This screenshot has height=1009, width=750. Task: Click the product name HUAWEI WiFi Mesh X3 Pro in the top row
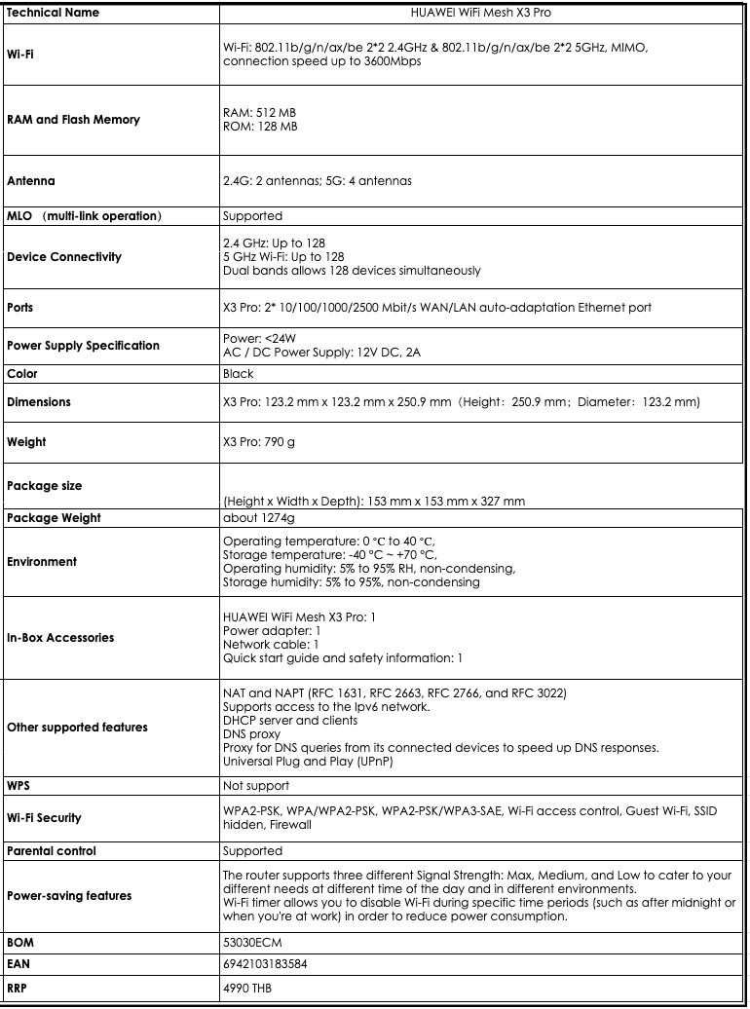pyautogui.click(x=483, y=13)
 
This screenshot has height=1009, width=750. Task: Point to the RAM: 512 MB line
pyautogui.click(x=259, y=113)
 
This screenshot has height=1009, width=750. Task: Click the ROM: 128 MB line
pyautogui.click(x=260, y=127)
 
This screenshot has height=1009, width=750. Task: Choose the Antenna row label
pyautogui.click(x=31, y=181)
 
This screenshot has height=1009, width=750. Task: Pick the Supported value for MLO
pyautogui.click(x=252, y=215)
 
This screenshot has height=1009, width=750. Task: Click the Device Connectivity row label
pyautogui.click(x=64, y=257)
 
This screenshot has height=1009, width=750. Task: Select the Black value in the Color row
pyautogui.click(x=239, y=373)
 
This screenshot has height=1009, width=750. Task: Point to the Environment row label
pyautogui.click(x=42, y=562)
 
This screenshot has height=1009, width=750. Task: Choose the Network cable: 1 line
pyautogui.click(x=271, y=645)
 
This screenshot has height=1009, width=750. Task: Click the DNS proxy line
pyautogui.click(x=251, y=733)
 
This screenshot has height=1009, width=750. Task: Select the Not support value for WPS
pyautogui.click(x=256, y=785)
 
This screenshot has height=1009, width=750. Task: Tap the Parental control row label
pyautogui.click(x=52, y=851)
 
